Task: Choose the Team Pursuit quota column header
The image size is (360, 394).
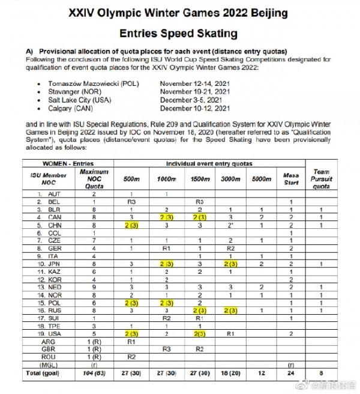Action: point(322,178)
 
